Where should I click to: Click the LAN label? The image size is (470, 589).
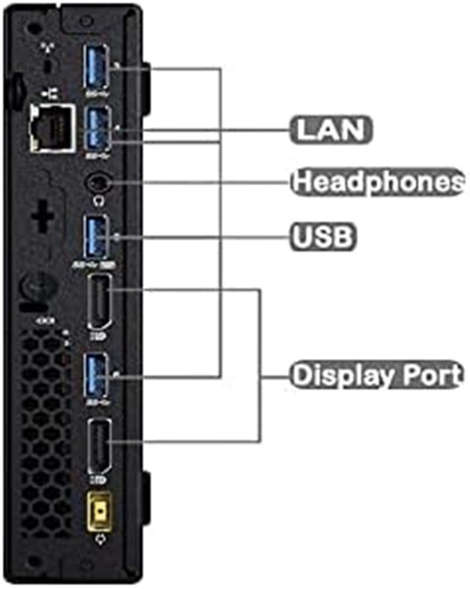pos(331,130)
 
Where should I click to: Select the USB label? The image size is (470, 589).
pos(322,237)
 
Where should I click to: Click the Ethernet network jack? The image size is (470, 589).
pos(52,128)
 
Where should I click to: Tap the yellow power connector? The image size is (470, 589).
pos(100,511)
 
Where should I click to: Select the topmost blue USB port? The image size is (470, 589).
pos(97,67)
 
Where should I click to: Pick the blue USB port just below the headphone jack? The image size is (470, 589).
pos(97,237)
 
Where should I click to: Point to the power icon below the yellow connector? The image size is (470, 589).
pos(101,540)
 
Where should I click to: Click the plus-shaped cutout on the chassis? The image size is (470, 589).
pos(42,216)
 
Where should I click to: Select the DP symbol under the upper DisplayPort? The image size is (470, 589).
pos(98,336)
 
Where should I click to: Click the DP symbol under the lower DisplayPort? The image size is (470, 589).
pos(98,480)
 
